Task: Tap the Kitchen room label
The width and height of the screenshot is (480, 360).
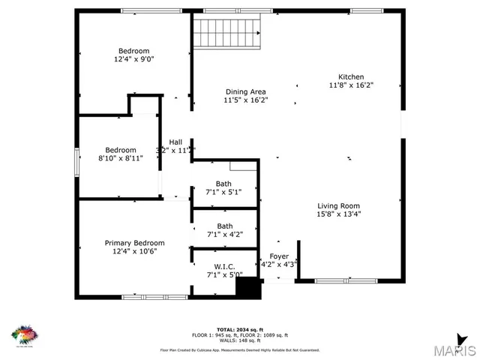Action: pyautogui.click(x=351, y=77)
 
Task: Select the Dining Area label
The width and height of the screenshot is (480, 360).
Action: pyautogui.click(x=246, y=92)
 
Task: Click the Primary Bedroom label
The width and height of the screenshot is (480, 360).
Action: pyautogui.click(x=134, y=243)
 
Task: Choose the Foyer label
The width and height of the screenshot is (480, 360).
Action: pyautogui.click(x=278, y=256)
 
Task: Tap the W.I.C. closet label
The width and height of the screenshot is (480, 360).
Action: pyautogui.click(x=224, y=267)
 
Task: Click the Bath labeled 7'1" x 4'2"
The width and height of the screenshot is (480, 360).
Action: pyautogui.click(x=224, y=234)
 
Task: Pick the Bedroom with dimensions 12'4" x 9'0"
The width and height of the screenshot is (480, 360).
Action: pyautogui.click(x=133, y=58)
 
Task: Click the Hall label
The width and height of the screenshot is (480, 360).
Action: pyautogui.click(x=175, y=142)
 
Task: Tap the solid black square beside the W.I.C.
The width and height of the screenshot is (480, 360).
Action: pyautogui.click(x=247, y=288)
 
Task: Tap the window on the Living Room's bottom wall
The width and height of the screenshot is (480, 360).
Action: pyautogui.click(x=346, y=281)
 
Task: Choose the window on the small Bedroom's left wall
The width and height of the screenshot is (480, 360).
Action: pyautogui.click(x=76, y=163)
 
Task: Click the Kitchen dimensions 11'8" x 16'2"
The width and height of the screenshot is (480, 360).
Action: pyautogui.click(x=351, y=85)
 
